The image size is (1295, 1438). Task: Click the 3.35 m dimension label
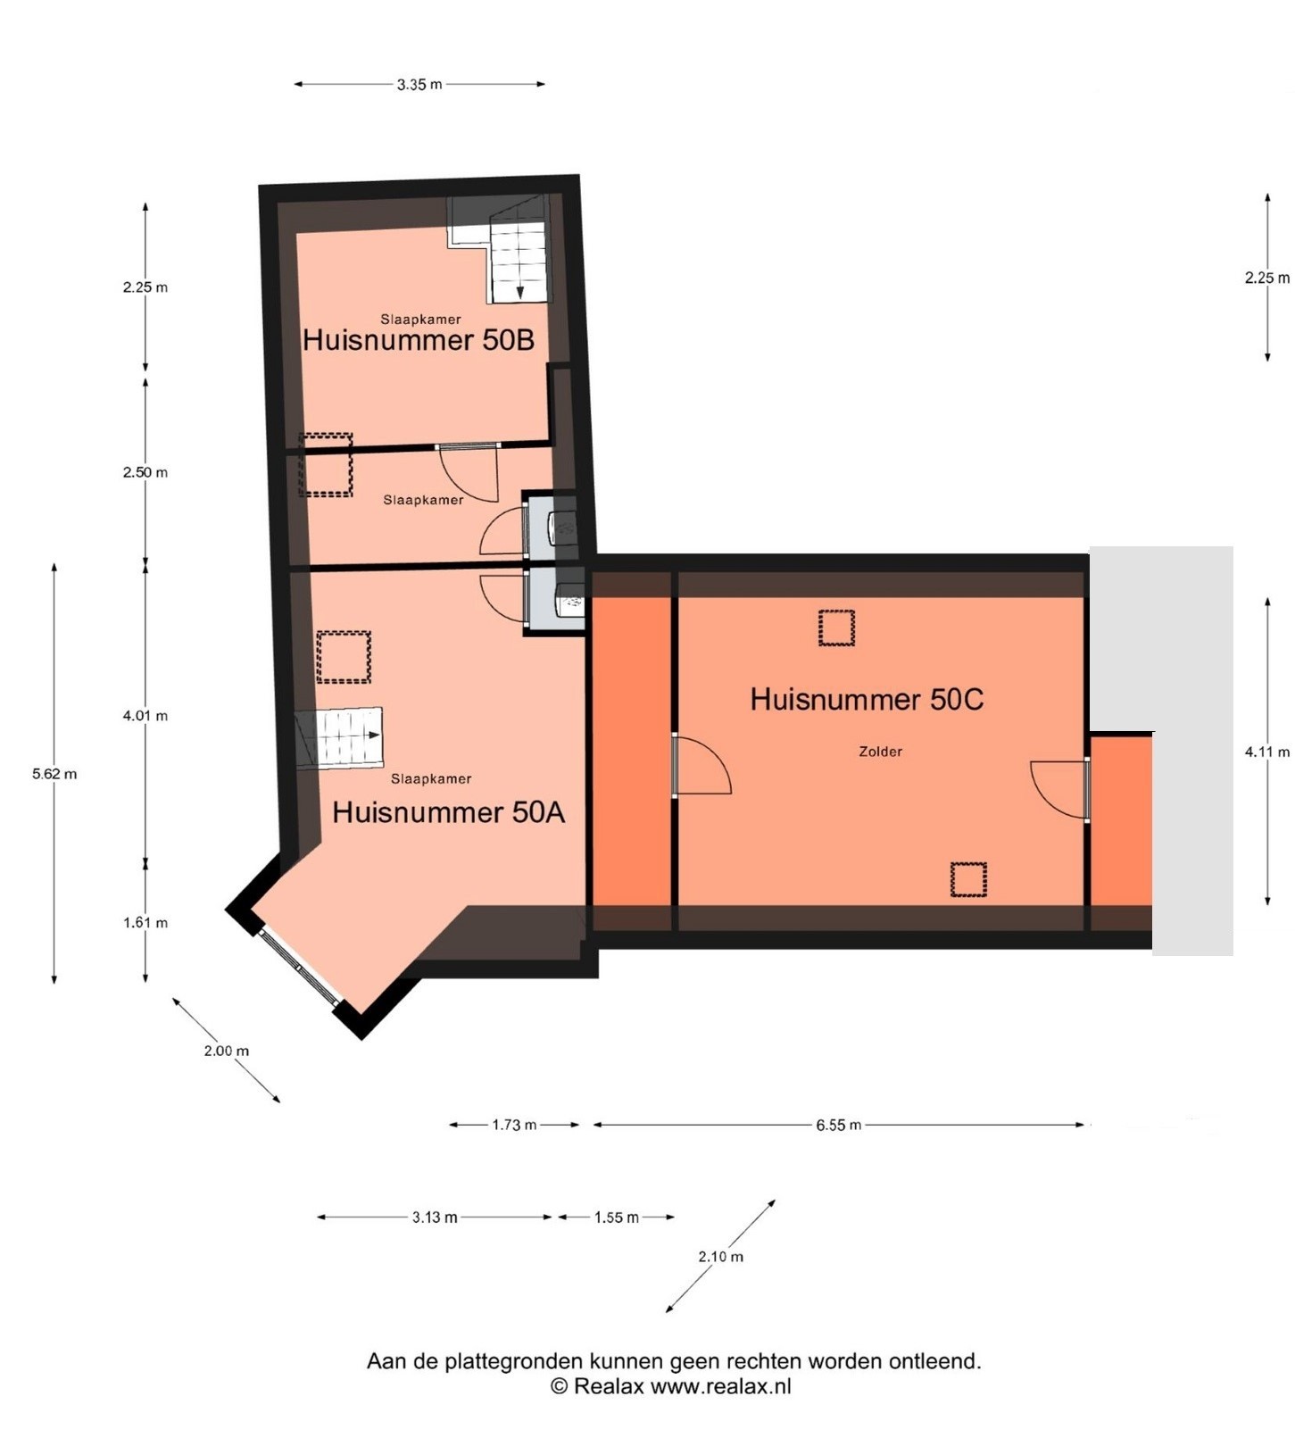tap(419, 85)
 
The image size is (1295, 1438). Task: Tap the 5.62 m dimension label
tap(54, 774)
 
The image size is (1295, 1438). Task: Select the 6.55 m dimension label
tap(838, 1125)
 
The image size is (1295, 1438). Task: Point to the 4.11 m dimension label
tap(1267, 752)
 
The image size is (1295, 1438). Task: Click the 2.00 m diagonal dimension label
tap(227, 1051)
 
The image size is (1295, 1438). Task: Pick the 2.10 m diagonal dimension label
tap(720, 1256)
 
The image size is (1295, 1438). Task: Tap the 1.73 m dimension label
tap(514, 1125)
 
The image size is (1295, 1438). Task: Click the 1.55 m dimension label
tap(617, 1218)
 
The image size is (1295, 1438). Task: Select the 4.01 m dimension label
tap(145, 715)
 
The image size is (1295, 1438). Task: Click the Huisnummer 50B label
tap(419, 339)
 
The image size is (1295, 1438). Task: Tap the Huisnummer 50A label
tap(448, 811)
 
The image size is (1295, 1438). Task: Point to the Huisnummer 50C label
tap(867, 699)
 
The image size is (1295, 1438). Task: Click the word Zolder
tap(880, 752)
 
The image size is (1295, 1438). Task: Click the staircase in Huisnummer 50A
tap(339, 738)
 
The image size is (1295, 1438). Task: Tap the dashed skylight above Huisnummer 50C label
tap(836, 628)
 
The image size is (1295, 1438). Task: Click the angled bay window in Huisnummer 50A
tap(299, 967)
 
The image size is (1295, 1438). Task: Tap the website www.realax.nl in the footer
tap(720, 1386)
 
